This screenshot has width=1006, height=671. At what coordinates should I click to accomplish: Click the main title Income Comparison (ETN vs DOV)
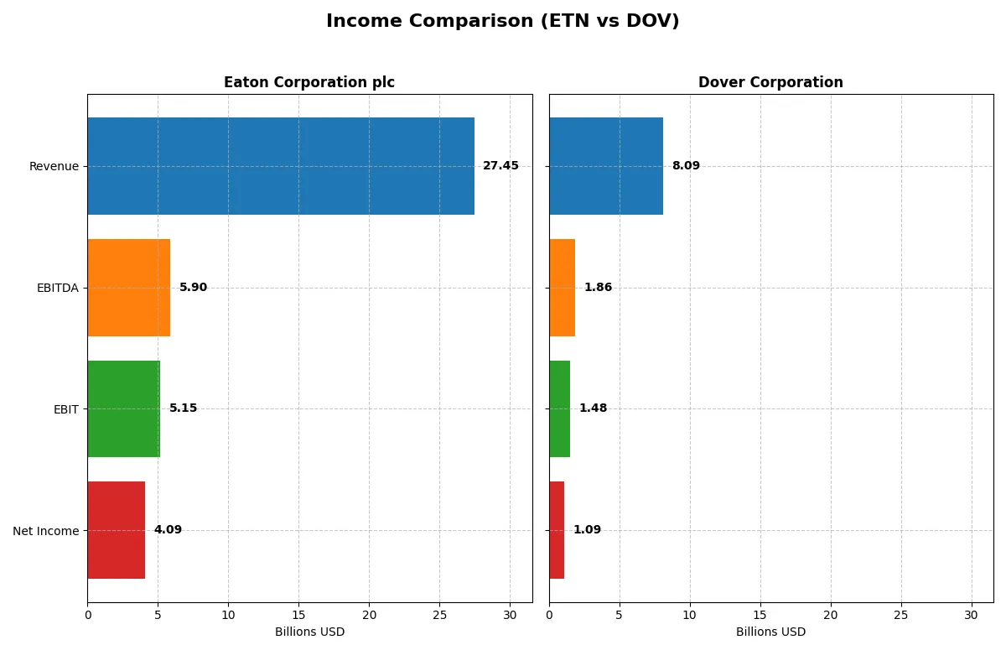(502, 22)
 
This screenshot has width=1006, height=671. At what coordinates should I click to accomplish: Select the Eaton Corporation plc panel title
(309, 83)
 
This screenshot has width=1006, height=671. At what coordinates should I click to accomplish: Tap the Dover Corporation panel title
(770, 83)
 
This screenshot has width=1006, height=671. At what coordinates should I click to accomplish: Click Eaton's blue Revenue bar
(281, 166)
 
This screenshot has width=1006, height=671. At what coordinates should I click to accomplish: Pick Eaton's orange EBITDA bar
(129, 288)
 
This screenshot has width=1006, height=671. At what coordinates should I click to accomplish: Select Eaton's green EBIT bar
(123, 409)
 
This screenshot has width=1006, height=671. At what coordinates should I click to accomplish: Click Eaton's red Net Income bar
(117, 530)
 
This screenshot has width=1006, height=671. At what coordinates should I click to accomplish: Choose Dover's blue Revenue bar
(606, 166)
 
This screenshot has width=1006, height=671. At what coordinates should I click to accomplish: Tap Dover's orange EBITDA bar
(562, 288)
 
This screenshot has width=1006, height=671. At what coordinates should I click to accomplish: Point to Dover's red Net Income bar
(557, 530)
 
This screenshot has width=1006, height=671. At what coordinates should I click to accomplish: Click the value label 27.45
(500, 166)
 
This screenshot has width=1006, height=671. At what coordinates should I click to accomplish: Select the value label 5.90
(193, 288)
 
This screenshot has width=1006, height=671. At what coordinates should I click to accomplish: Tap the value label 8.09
(686, 166)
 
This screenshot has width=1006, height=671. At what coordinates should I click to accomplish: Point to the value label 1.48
(593, 408)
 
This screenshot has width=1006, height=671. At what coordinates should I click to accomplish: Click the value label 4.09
(168, 530)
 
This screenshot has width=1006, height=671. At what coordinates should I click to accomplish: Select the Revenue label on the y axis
(54, 166)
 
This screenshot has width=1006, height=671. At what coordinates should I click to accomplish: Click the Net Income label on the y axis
(46, 531)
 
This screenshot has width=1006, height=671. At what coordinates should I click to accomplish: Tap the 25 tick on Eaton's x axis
(439, 615)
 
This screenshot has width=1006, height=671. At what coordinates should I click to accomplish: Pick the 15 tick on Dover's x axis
(760, 615)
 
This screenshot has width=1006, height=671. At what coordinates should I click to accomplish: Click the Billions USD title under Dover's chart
(770, 632)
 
